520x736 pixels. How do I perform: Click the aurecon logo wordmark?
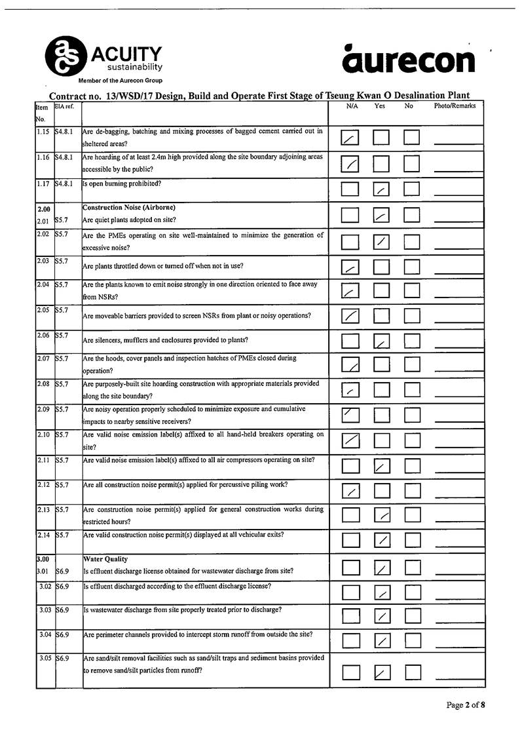click(409, 60)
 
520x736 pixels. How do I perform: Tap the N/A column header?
click(351, 106)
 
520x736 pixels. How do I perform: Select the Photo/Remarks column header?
click(455, 106)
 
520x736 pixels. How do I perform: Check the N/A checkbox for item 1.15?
click(351, 138)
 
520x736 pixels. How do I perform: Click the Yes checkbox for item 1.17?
click(381, 189)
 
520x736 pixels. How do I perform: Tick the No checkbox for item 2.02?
click(411, 242)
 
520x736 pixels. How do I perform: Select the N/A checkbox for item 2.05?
click(351, 317)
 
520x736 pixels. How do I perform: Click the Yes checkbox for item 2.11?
click(381, 466)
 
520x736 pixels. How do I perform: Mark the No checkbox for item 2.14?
click(411, 540)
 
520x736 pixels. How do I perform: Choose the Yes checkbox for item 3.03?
click(381, 615)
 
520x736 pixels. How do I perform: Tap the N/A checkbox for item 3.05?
click(351, 672)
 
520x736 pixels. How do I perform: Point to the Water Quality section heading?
click(105, 559)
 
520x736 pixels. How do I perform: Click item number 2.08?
click(45, 383)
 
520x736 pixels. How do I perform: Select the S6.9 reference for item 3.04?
click(64, 634)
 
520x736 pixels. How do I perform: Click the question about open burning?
click(122, 184)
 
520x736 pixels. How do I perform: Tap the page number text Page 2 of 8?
click(466, 705)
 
